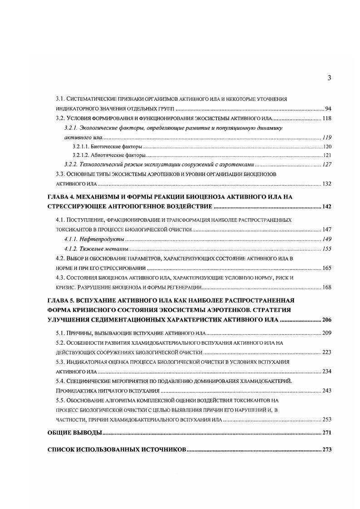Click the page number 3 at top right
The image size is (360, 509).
(x=329, y=78)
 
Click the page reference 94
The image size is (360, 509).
(x=328, y=109)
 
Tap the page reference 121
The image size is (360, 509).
(x=327, y=155)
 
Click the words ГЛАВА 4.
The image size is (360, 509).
(x=63, y=197)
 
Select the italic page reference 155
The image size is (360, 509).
(x=327, y=249)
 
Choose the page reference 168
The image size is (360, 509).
(x=327, y=287)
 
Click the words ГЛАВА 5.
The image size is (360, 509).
(x=63, y=300)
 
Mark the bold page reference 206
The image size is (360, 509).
(x=326, y=320)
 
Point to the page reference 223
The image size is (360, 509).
(x=327, y=352)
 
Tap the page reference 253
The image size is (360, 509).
(x=327, y=420)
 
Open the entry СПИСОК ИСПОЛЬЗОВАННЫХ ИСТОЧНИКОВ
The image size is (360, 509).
(x=117, y=450)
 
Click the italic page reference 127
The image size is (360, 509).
(x=327, y=165)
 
